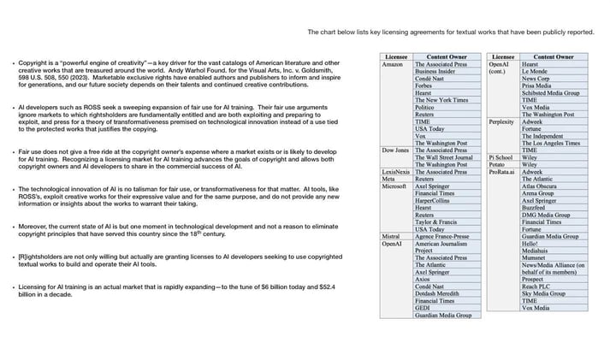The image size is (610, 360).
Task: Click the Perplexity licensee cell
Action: (x=502, y=121)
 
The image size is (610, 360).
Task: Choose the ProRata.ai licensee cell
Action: (x=503, y=172)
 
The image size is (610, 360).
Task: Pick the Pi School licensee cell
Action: (x=501, y=157)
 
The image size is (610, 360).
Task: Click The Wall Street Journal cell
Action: (x=443, y=157)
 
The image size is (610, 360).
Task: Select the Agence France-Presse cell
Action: (x=445, y=236)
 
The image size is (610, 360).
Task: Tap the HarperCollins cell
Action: (x=435, y=200)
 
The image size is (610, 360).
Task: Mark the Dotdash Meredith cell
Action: (x=437, y=293)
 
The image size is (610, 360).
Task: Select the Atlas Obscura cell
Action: (x=541, y=186)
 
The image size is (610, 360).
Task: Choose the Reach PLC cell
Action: (x=536, y=286)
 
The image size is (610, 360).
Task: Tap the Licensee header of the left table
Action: (x=396, y=56)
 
